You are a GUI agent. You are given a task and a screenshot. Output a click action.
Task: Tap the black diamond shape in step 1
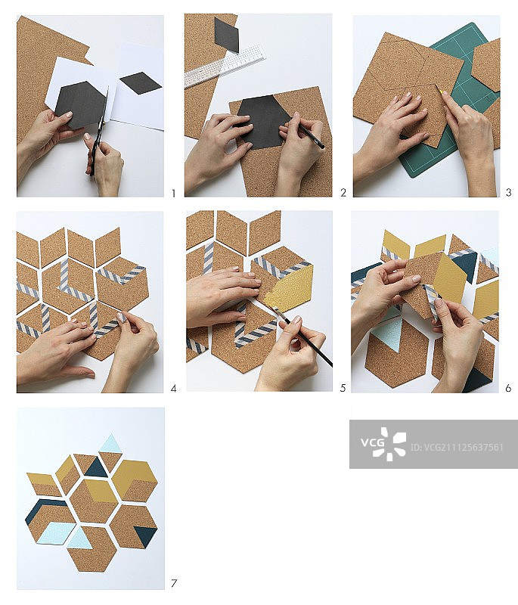tap(141, 83)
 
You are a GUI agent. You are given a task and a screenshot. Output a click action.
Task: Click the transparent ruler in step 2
tap(225, 66)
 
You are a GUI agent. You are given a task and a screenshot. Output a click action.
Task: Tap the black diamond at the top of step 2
tap(226, 35)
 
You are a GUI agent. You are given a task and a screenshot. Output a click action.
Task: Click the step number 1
tap(174, 193)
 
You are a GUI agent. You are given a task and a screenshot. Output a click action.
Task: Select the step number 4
tap(174, 389)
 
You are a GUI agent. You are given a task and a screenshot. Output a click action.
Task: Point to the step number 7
tap(174, 583)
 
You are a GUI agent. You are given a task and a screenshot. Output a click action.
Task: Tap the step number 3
tap(509, 192)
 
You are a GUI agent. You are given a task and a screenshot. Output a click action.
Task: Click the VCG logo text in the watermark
tap(372, 442)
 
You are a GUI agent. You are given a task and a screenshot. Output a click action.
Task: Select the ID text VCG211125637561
tap(457, 447)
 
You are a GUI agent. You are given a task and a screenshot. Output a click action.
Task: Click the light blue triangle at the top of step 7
tap(111, 443)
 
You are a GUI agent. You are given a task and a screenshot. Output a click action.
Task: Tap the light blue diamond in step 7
tap(56, 533)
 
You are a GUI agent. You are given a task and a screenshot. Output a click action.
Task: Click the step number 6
tap(508, 388)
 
